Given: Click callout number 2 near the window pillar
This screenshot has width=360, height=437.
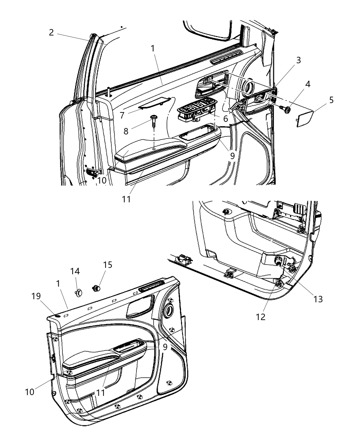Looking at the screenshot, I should [51, 33].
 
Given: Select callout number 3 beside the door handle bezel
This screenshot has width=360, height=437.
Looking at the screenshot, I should [298, 60].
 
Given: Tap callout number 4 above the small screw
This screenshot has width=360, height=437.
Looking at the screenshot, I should [308, 84].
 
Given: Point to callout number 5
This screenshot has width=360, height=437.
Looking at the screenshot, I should [331, 100].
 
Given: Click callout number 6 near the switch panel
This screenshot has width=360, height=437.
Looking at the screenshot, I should [225, 119].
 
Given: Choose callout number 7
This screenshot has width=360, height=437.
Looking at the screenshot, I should [122, 116].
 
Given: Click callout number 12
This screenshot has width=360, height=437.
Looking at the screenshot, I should [261, 317].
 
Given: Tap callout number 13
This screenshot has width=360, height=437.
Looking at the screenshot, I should [318, 299].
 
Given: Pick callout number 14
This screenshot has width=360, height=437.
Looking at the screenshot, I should [75, 271].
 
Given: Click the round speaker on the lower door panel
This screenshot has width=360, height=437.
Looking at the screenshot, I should [169, 311].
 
